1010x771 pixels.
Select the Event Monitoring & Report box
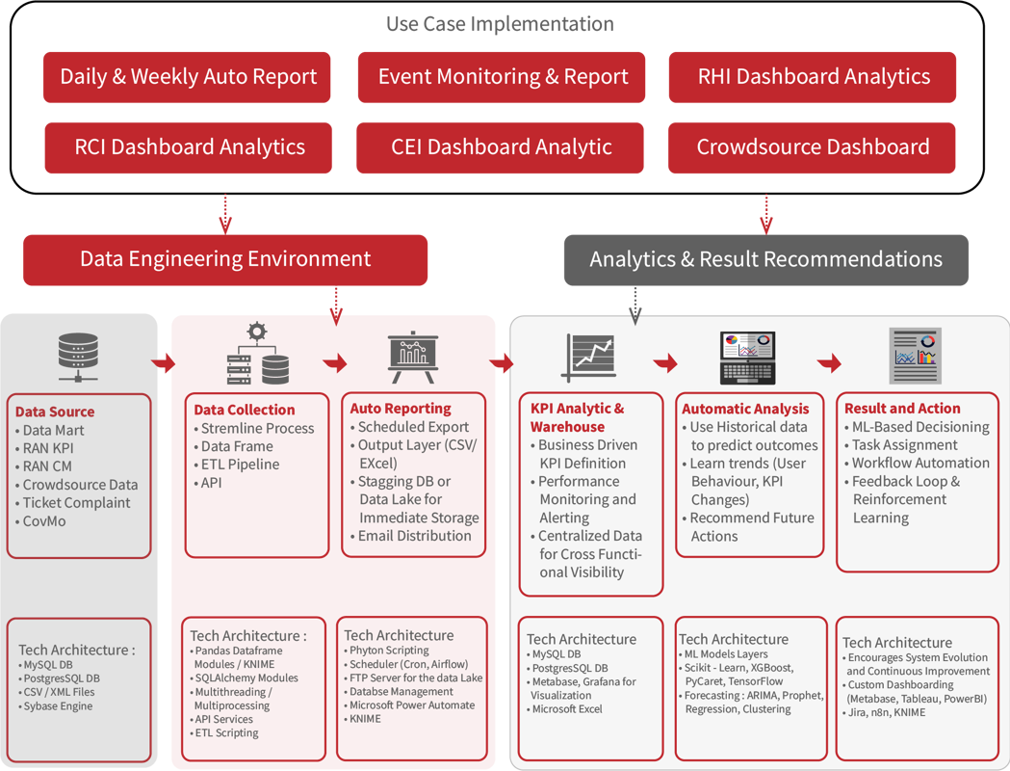point(502,77)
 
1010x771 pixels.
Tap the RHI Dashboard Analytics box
point(813,77)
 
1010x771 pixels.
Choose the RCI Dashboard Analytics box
point(189,147)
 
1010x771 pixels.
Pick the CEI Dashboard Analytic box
point(501,147)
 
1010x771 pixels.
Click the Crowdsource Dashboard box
point(812,147)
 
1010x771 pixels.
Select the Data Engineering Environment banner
point(225,259)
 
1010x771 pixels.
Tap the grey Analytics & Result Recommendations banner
point(765,260)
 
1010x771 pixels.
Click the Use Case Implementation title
point(500,23)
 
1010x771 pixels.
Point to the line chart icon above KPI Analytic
point(588,357)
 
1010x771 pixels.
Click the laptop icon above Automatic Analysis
point(746,358)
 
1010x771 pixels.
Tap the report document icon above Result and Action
point(915,356)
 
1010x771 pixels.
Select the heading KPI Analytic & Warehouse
point(577,417)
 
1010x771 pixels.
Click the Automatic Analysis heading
point(745,409)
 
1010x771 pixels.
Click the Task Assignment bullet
point(904,445)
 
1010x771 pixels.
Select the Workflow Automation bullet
point(919,464)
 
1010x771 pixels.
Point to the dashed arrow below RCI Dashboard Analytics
point(225,213)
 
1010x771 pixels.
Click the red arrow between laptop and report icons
point(829,363)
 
